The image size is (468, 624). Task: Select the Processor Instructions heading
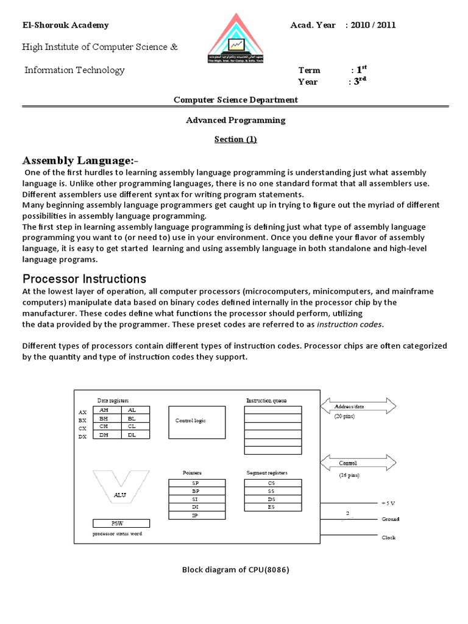click(x=84, y=279)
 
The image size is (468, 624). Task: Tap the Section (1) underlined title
click(x=235, y=140)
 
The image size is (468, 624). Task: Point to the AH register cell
click(x=103, y=410)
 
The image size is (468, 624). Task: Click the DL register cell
click(x=132, y=435)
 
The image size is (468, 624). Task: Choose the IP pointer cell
click(x=196, y=515)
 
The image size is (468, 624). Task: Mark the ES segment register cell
click(x=272, y=506)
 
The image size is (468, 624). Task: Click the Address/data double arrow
click(x=357, y=406)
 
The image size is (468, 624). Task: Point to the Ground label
click(x=390, y=519)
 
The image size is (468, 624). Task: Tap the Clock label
click(x=388, y=537)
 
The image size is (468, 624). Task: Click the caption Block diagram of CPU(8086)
click(x=235, y=570)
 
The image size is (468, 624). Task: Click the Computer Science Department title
click(x=235, y=99)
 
